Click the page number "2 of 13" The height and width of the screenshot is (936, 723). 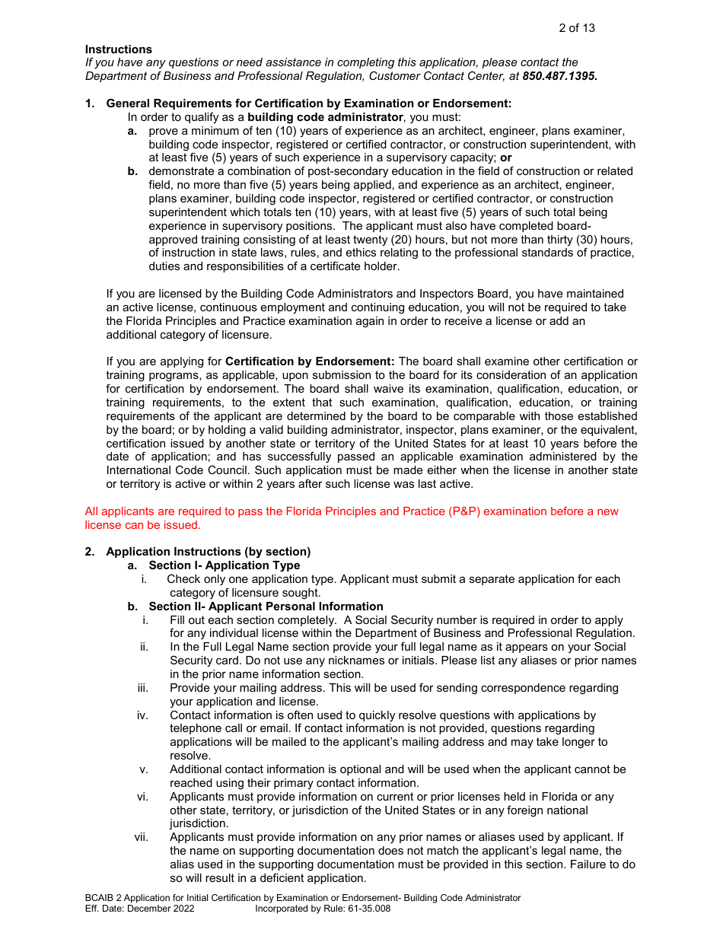[576, 28]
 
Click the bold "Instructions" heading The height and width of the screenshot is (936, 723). [118, 49]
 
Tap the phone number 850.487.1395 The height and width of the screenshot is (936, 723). [559, 76]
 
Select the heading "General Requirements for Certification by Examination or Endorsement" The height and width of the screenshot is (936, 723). [308, 103]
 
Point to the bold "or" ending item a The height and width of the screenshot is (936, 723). [505, 158]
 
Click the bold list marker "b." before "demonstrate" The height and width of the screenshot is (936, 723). [132, 171]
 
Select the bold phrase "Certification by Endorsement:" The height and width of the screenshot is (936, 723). [310, 361]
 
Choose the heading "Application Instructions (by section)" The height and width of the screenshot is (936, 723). [208, 552]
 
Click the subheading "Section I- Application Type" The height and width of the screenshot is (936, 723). [224, 565]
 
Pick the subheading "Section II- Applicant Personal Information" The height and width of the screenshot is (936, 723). [266, 606]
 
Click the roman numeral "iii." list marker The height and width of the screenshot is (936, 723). [143, 688]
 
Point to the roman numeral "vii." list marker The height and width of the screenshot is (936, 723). [142, 837]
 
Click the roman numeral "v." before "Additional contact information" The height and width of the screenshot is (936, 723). [144, 769]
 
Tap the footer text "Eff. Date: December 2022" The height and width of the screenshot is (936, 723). [139, 909]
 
